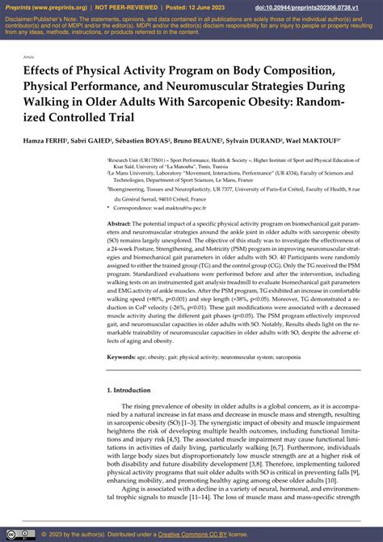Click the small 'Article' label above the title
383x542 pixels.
click(x=29, y=58)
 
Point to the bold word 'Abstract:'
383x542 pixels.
click(x=120, y=222)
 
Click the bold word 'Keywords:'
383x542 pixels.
click(x=122, y=356)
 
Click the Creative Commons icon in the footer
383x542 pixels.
click(x=18, y=534)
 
